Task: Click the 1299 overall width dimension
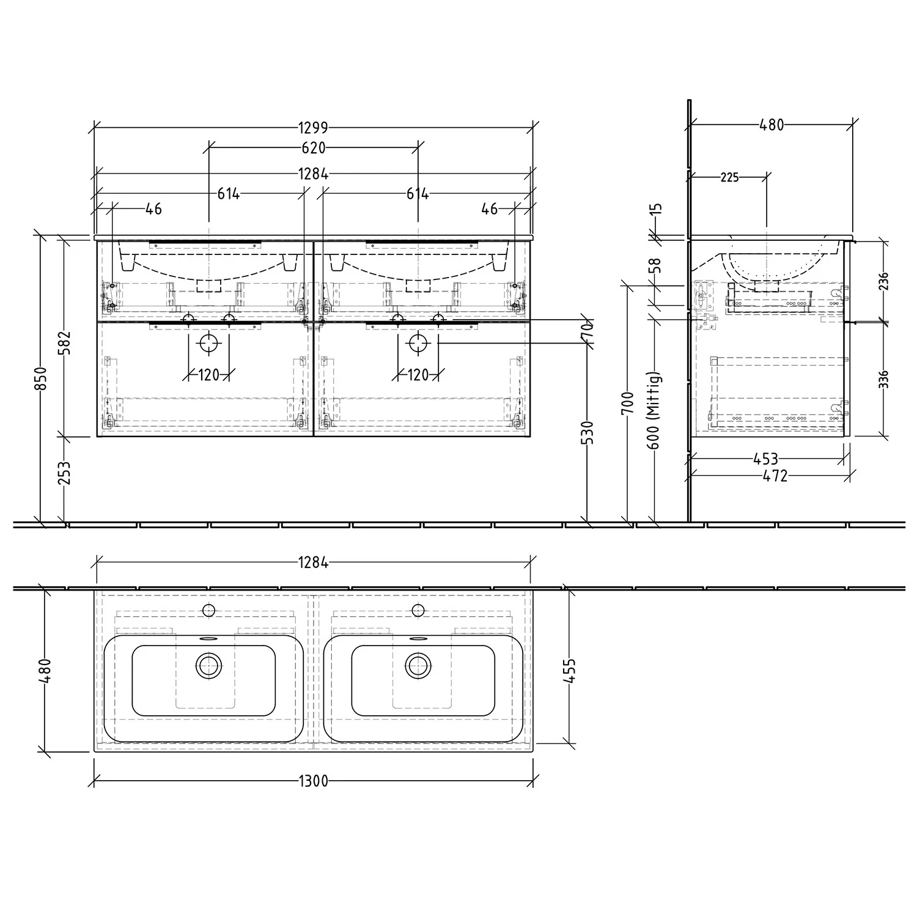[x=314, y=128]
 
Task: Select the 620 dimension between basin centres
[x=314, y=147]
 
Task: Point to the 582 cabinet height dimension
[x=65, y=342]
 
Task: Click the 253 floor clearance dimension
[x=65, y=473]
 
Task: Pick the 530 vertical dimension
[x=589, y=432]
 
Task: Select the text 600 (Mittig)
[x=654, y=410]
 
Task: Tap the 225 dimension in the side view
[x=729, y=177]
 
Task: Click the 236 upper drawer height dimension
[x=883, y=281]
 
